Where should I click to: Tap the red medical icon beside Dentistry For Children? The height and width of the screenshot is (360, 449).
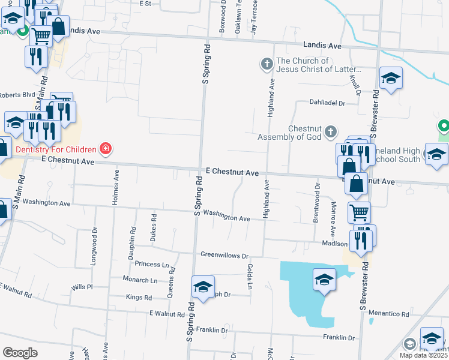coord(106,148)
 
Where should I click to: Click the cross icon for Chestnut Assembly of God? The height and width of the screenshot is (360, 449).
coord(330,131)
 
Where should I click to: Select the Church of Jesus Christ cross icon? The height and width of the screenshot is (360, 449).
coord(266,62)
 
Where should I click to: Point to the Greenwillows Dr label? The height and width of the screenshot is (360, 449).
coord(224,255)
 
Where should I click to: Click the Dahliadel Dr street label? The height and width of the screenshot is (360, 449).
coord(328,103)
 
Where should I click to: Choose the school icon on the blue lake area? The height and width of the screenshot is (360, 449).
coord(324,279)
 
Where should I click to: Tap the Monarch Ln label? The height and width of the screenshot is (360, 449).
coord(139,280)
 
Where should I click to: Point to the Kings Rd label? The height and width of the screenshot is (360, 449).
coord(139,297)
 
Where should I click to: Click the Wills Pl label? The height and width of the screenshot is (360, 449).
coord(82,287)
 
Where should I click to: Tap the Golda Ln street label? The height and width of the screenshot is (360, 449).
coord(249,275)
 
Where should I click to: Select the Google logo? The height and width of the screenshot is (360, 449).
coord(20,352)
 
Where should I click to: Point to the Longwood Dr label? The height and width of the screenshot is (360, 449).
coord(95,244)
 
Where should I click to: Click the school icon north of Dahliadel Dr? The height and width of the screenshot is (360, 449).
coord(391,79)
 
